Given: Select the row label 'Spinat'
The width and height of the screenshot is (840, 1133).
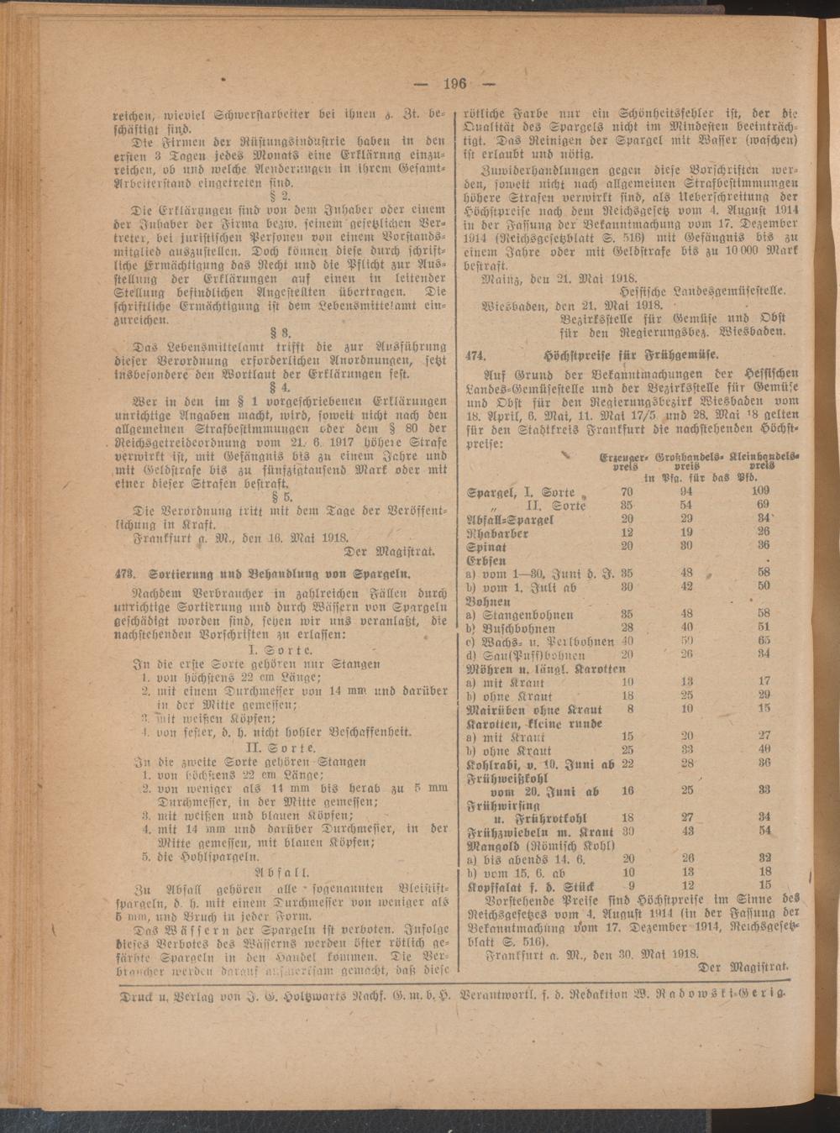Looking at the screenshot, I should [488, 545].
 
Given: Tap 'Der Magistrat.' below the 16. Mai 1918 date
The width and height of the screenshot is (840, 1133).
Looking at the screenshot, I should [389, 553].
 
